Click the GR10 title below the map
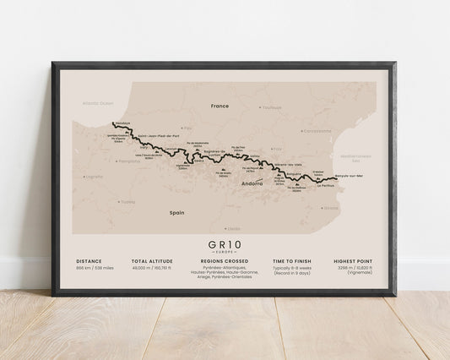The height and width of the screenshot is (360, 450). [x=225, y=243]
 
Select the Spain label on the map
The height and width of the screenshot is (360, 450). [x=177, y=213]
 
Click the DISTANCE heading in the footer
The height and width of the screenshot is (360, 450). [x=89, y=262]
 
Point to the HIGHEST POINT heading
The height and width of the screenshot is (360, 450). [x=359, y=262]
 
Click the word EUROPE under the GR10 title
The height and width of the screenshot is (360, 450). [x=225, y=252]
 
